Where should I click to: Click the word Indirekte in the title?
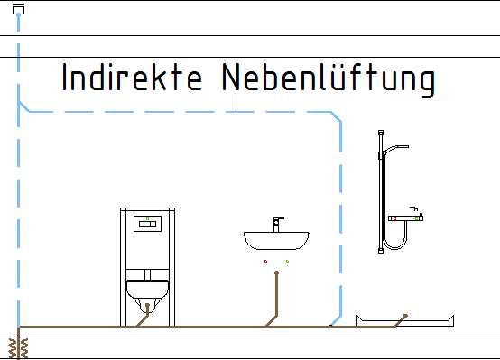[132, 78]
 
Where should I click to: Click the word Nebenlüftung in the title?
[329, 79]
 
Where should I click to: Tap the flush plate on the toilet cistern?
[147, 224]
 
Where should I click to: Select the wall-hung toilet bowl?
[147, 296]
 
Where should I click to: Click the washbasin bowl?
[276, 241]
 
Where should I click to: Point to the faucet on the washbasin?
[277, 225]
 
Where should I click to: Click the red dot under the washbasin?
[265, 262]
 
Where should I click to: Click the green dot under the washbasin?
[287, 262]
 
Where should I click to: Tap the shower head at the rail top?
[396, 149]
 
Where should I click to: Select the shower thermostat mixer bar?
[405, 218]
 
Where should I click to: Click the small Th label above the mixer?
[414, 208]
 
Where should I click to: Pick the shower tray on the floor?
[405, 321]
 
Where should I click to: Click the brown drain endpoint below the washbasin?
[276, 272]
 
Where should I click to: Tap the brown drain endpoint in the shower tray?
[405, 316]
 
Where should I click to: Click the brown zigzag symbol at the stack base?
[18, 348]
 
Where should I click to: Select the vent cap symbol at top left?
[18, 10]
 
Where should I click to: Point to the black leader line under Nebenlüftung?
[236, 100]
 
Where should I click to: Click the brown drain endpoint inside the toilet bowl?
[147, 305]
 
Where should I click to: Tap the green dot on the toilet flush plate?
[147, 218]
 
